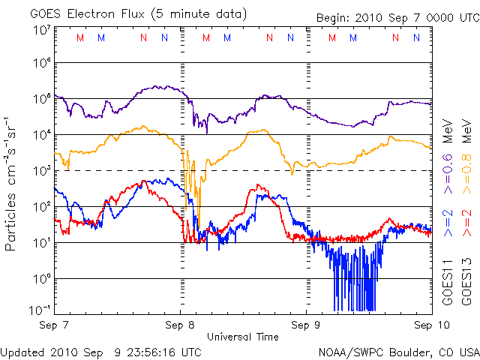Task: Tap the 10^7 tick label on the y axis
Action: coord(40,31)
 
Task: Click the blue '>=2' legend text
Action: coord(447,224)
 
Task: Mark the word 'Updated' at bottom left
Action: coord(22,351)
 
